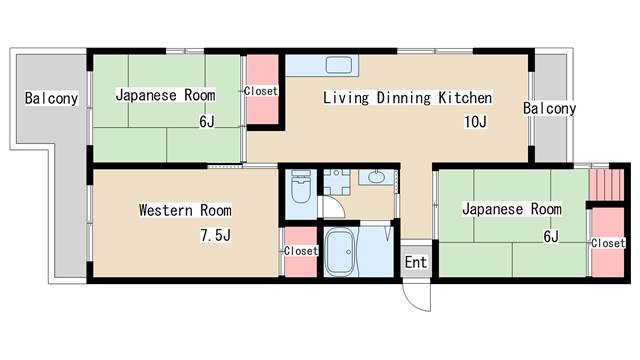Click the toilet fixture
click(x=301, y=187)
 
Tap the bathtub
click(x=340, y=252)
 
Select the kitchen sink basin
click(x=339, y=65)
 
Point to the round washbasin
click(x=375, y=177)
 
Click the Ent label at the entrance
click(x=416, y=262)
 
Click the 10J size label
click(x=475, y=122)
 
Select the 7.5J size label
click(x=216, y=235)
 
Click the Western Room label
click(x=185, y=210)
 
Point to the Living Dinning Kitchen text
click(x=407, y=98)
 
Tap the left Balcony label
click(x=51, y=98)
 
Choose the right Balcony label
click(x=549, y=109)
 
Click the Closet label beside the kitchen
click(x=261, y=91)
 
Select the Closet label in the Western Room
click(x=301, y=251)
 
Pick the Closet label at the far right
click(x=608, y=243)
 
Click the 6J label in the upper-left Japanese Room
click(x=207, y=122)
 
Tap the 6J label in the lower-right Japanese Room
click(x=551, y=236)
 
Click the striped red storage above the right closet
click(x=607, y=184)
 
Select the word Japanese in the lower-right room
click(x=493, y=210)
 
